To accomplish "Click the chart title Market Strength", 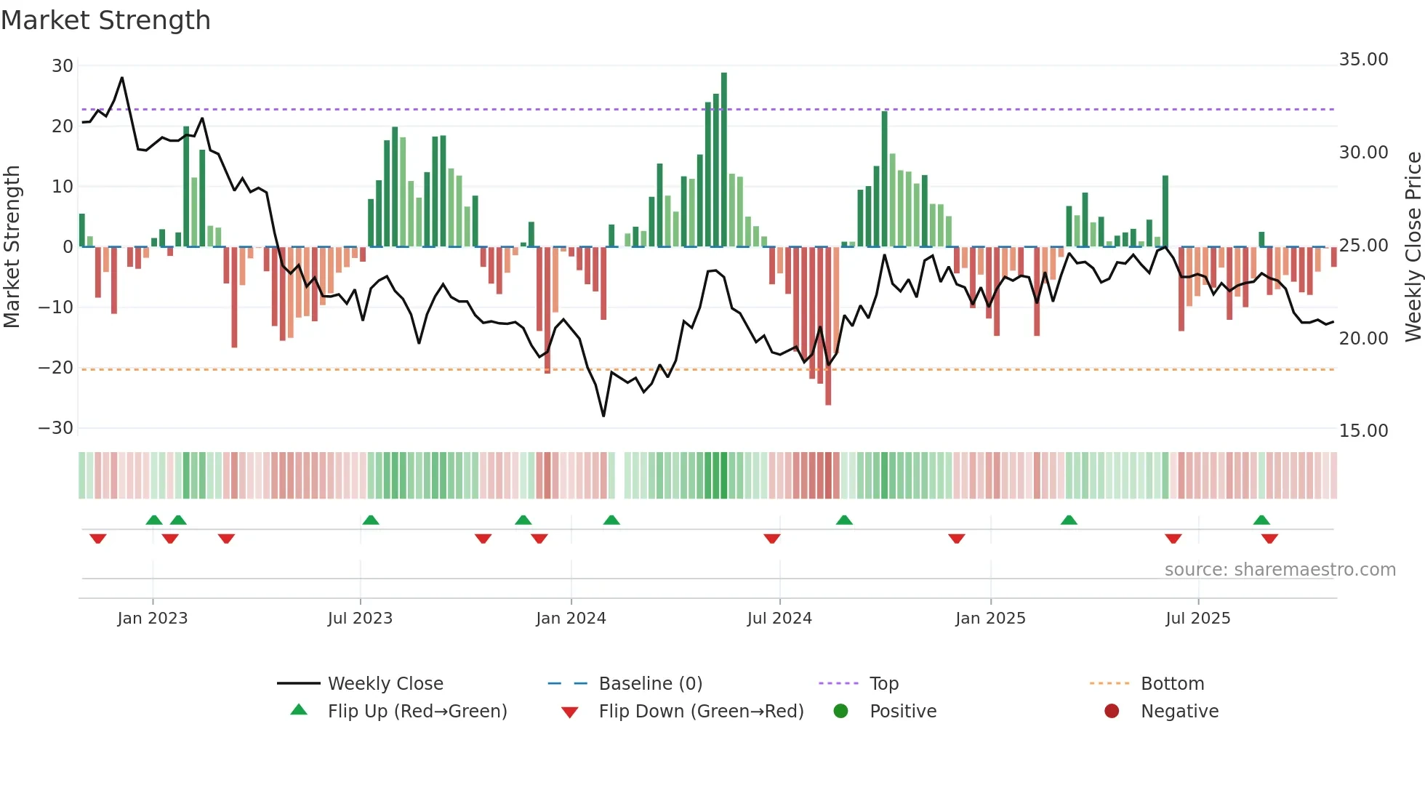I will pyautogui.click(x=105, y=20).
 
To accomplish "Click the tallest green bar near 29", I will pyautogui.click(x=723, y=160).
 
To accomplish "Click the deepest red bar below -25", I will pyautogui.click(x=828, y=327).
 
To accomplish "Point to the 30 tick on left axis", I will pyautogui.click(x=63, y=66).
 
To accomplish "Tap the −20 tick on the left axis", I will pyautogui.click(x=56, y=368).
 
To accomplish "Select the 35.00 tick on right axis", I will pyautogui.click(x=1363, y=60).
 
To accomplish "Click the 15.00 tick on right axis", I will pyautogui.click(x=1363, y=431).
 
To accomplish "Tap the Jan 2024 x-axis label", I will pyautogui.click(x=571, y=619).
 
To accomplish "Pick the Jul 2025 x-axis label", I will pyautogui.click(x=1197, y=619).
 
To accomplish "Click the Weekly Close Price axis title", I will pyautogui.click(x=1413, y=247).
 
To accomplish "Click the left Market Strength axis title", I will pyautogui.click(x=12, y=247).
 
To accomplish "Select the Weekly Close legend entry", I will pyautogui.click(x=385, y=684).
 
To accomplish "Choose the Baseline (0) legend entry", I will pyautogui.click(x=650, y=684).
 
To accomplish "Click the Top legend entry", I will pyautogui.click(x=883, y=684).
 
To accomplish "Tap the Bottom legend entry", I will pyautogui.click(x=1172, y=684).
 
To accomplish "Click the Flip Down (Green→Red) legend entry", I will pyautogui.click(x=701, y=712).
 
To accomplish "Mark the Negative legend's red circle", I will pyautogui.click(x=1112, y=712).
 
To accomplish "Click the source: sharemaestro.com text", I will pyautogui.click(x=1280, y=570).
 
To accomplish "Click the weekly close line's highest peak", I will pyautogui.click(x=121, y=78).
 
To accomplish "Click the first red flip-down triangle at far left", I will pyautogui.click(x=98, y=539).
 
